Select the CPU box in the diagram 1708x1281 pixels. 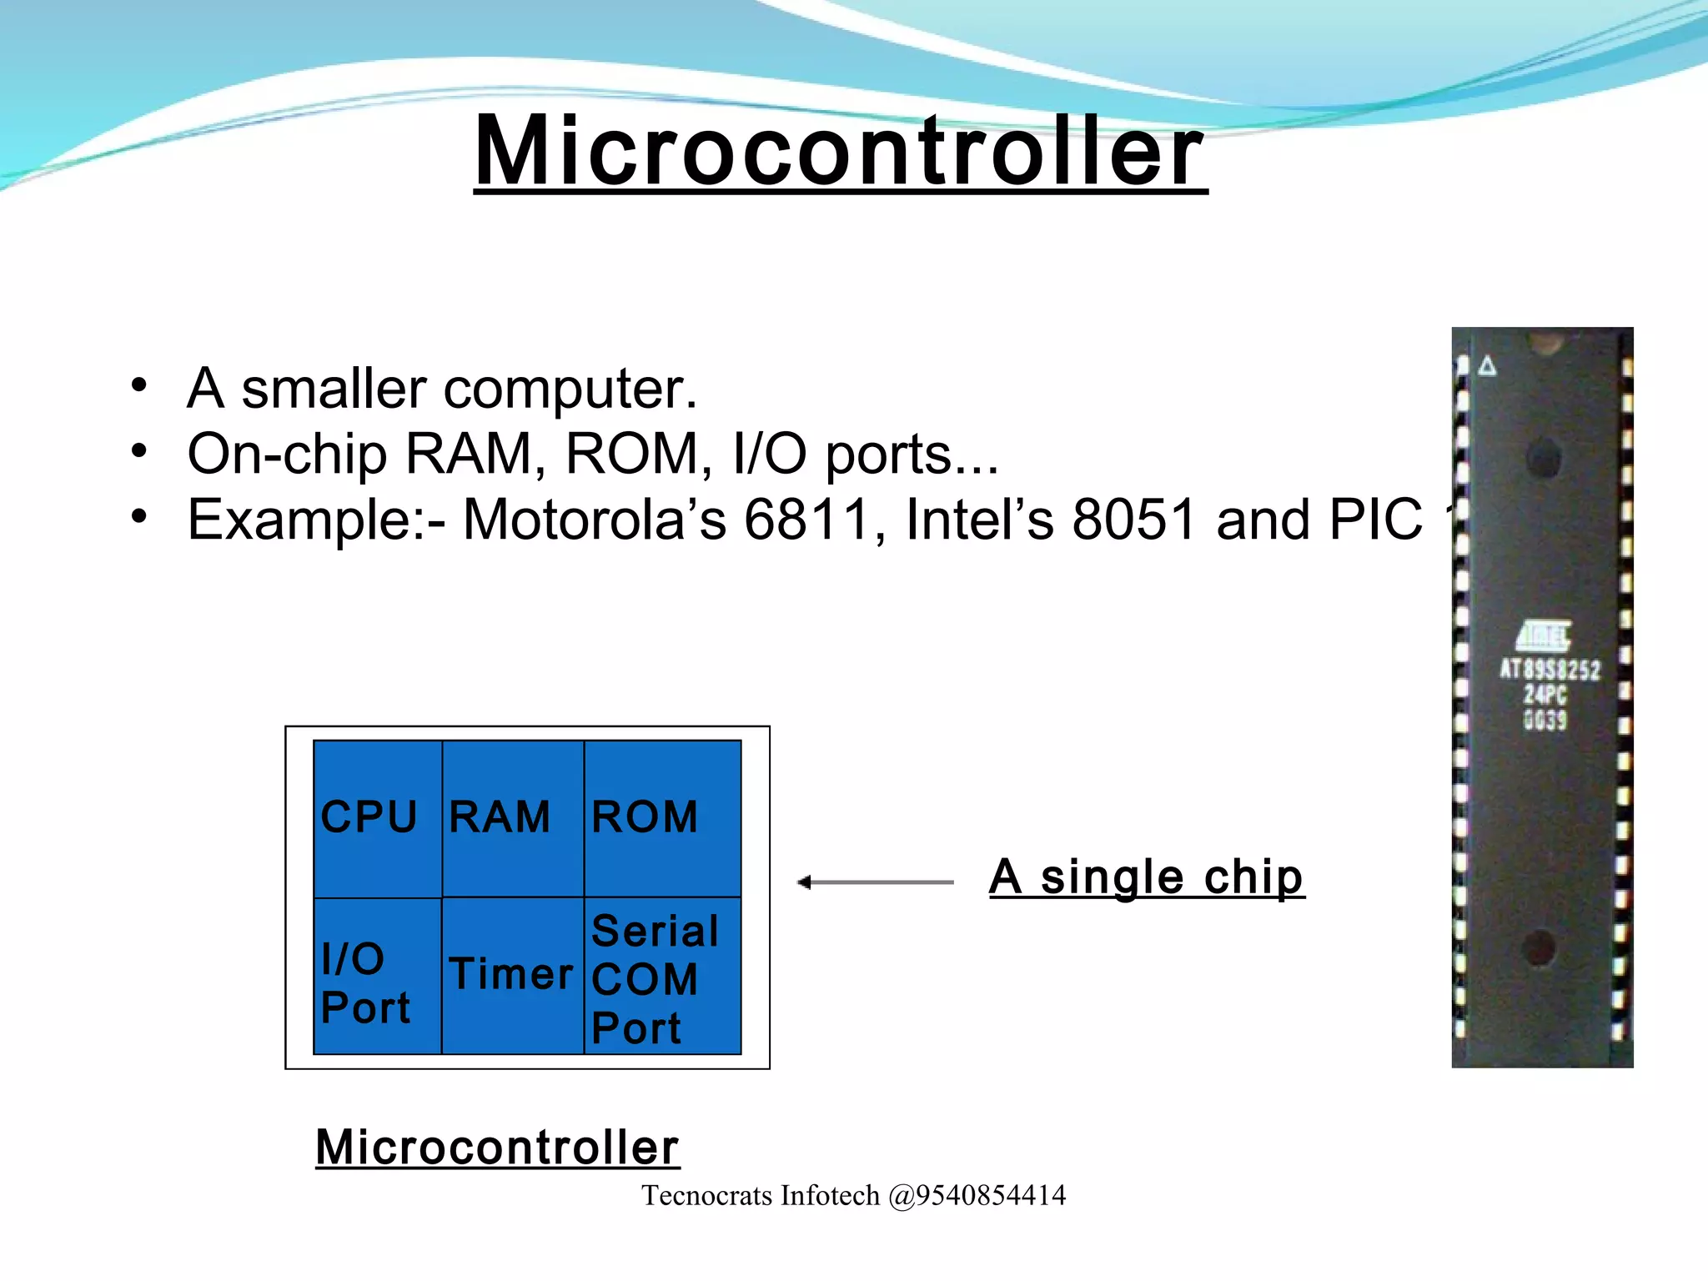377,817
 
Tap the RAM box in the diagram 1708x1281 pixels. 511,817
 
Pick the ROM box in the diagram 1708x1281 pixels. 662,817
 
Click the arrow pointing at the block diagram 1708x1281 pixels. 875,882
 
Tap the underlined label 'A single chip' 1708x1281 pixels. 1146,877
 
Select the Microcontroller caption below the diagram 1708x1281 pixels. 497,1148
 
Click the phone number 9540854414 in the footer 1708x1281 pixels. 991,1195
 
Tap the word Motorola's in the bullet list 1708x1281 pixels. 594,520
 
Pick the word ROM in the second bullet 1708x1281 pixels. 633,455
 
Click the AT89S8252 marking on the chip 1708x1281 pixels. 1550,670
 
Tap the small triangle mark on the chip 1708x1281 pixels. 1487,366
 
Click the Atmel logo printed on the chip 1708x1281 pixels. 1545,635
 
